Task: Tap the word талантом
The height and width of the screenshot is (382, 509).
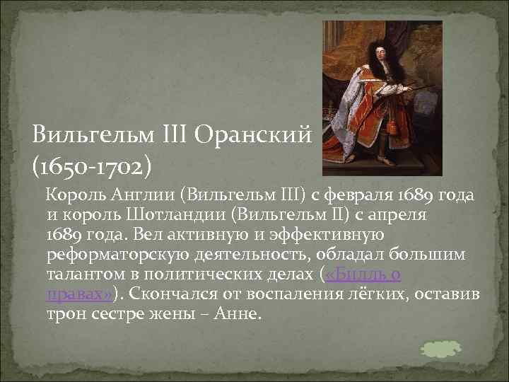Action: [x=79, y=273]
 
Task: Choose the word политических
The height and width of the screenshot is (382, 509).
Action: [x=193, y=273]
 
